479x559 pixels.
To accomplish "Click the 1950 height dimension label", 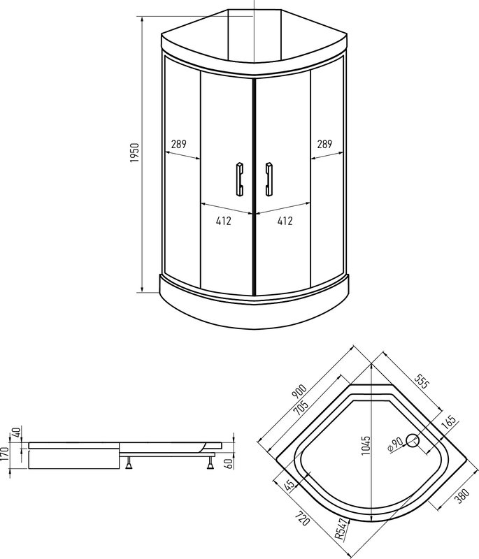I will [136, 152].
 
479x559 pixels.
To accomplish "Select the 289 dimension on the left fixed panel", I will [178, 145].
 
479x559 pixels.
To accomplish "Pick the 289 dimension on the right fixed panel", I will [324, 145].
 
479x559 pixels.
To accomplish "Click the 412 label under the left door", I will [224, 221].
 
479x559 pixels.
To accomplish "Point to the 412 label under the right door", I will [285, 221].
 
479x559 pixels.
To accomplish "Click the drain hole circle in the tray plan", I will [413, 440].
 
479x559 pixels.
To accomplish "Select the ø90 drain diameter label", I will [396, 446].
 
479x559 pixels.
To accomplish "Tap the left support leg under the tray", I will [130, 463].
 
